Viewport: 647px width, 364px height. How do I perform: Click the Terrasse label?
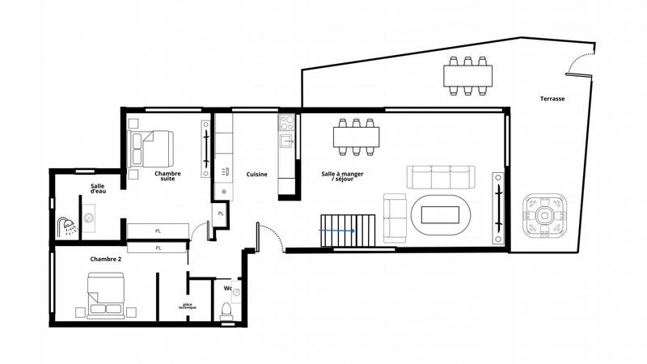point(553,99)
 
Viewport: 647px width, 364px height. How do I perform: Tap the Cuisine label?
point(257,174)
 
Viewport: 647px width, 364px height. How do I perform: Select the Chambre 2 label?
point(106,259)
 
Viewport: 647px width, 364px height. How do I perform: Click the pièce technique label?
point(188,307)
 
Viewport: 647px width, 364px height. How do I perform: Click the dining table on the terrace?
point(469,75)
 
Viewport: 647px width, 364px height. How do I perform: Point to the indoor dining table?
point(357,137)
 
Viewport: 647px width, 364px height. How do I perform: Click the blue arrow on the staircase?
point(338,231)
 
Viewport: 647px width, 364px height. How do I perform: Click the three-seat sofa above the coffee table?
point(440,178)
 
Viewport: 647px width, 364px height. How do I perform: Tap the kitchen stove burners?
point(286,122)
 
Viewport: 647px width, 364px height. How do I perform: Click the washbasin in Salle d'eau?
point(88,218)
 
